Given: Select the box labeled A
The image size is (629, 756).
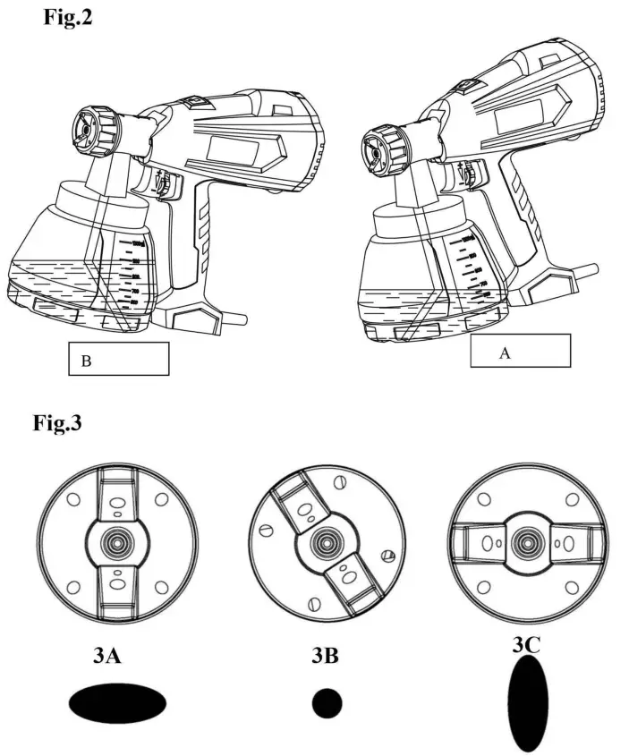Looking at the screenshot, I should pyautogui.click(x=520, y=351).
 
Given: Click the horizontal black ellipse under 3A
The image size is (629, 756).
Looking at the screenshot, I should pyautogui.click(x=117, y=703).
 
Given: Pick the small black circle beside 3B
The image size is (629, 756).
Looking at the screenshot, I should pyautogui.click(x=327, y=703).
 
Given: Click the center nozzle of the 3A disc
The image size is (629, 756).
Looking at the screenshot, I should pyautogui.click(x=116, y=542).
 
